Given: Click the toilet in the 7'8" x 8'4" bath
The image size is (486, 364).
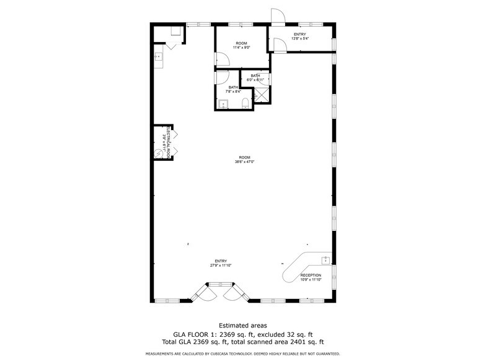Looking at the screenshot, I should [x=245, y=103].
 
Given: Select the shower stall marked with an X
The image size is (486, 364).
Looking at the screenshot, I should [x=263, y=95].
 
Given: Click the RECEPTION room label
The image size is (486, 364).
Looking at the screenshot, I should [x=311, y=275].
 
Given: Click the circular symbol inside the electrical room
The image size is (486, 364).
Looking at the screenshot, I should [x=159, y=153].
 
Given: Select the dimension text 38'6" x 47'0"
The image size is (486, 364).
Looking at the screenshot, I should [x=245, y=162].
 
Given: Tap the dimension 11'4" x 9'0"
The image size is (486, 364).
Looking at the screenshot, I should [x=242, y=48].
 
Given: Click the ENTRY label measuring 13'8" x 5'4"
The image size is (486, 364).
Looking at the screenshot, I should [x=300, y=35].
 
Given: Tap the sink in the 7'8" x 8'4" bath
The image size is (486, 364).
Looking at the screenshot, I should [x=223, y=103].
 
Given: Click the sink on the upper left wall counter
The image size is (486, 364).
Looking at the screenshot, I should [x=158, y=57].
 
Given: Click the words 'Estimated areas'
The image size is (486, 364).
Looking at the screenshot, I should [x=242, y=324].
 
